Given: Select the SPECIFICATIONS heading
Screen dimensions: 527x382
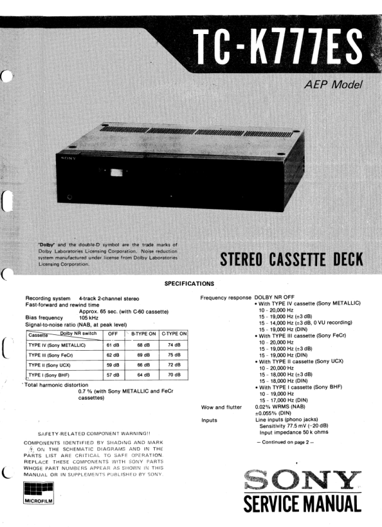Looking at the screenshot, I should pyautogui.click(x=189, y=283).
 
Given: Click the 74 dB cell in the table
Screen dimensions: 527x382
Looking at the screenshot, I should pyautogui.click(x=174, y=345).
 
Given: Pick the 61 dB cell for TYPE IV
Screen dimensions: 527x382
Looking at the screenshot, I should pyautogui.click(x=113, y=345).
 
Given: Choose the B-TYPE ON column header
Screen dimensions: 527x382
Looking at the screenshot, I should pyautogui.click(x=143, y=334).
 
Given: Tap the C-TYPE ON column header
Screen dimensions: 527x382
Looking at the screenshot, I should pyautogui.click(x=174, y=334).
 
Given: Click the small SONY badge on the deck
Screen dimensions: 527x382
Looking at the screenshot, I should pyautogui.click(x=67, y=159).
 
